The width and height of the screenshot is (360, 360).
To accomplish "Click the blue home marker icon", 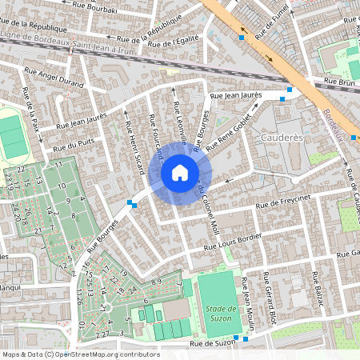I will pyautogui.click(x=179, y=172).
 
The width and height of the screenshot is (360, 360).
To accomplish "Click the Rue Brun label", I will pyautogui.click(x=338, y=82).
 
